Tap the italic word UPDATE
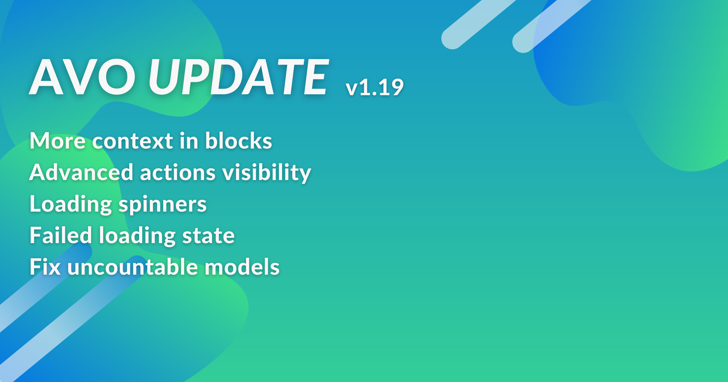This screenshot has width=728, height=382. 238,77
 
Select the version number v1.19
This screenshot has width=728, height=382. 375,87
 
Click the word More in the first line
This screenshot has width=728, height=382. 58,141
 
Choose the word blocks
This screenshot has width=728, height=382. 239,141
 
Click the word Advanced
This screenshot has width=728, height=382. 81,172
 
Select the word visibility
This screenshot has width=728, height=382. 267,173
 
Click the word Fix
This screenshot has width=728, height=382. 45,267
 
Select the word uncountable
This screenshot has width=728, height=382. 133,267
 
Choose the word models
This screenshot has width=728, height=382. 242,267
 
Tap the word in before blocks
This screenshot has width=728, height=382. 189,141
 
